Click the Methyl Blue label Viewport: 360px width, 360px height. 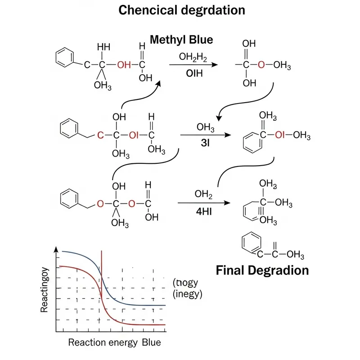(181, 40)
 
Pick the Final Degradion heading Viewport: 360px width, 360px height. (262, 270)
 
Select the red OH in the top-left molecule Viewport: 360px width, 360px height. (124, 66)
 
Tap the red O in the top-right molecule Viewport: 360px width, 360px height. (261, 66)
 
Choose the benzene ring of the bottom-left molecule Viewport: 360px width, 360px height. (69, 197)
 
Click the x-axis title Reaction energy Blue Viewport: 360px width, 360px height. (114, 342)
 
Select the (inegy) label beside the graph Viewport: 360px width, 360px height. (188, 294)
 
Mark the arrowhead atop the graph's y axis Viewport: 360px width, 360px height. (56, 249)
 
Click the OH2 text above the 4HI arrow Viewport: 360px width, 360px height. (203, 195)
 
